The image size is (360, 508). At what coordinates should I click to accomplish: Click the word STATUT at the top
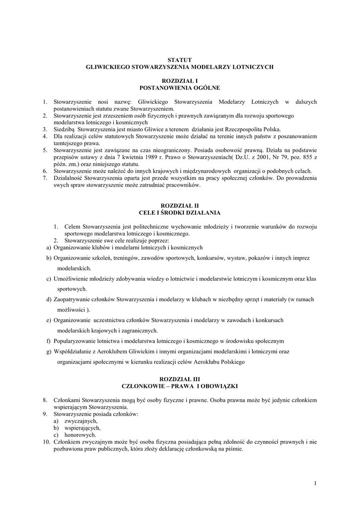[x=180, y=60]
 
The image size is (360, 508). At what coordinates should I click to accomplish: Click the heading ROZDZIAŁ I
[x=180, y=80]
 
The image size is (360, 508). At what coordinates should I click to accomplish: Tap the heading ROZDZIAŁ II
[x=180, y=205]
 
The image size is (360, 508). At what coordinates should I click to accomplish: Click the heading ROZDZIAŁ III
[x=180, y=378]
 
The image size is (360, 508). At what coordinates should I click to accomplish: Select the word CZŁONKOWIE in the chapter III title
[x=144, y=385]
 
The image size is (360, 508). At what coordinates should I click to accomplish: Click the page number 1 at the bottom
[x=315, y=483]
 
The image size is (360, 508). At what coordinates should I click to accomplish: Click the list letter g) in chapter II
[x=48, y=352]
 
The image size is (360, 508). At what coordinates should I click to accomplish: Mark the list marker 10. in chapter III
[x=46, y=442]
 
